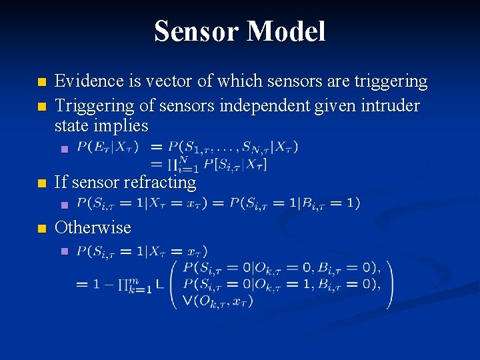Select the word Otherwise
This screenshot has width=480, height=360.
coord(93,227)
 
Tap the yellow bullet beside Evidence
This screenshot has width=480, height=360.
coord(42,83)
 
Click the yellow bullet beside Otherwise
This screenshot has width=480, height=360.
coord(42,229)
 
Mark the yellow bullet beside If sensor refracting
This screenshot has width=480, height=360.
coord(42,183)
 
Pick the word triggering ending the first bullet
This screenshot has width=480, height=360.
coord(391,81)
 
